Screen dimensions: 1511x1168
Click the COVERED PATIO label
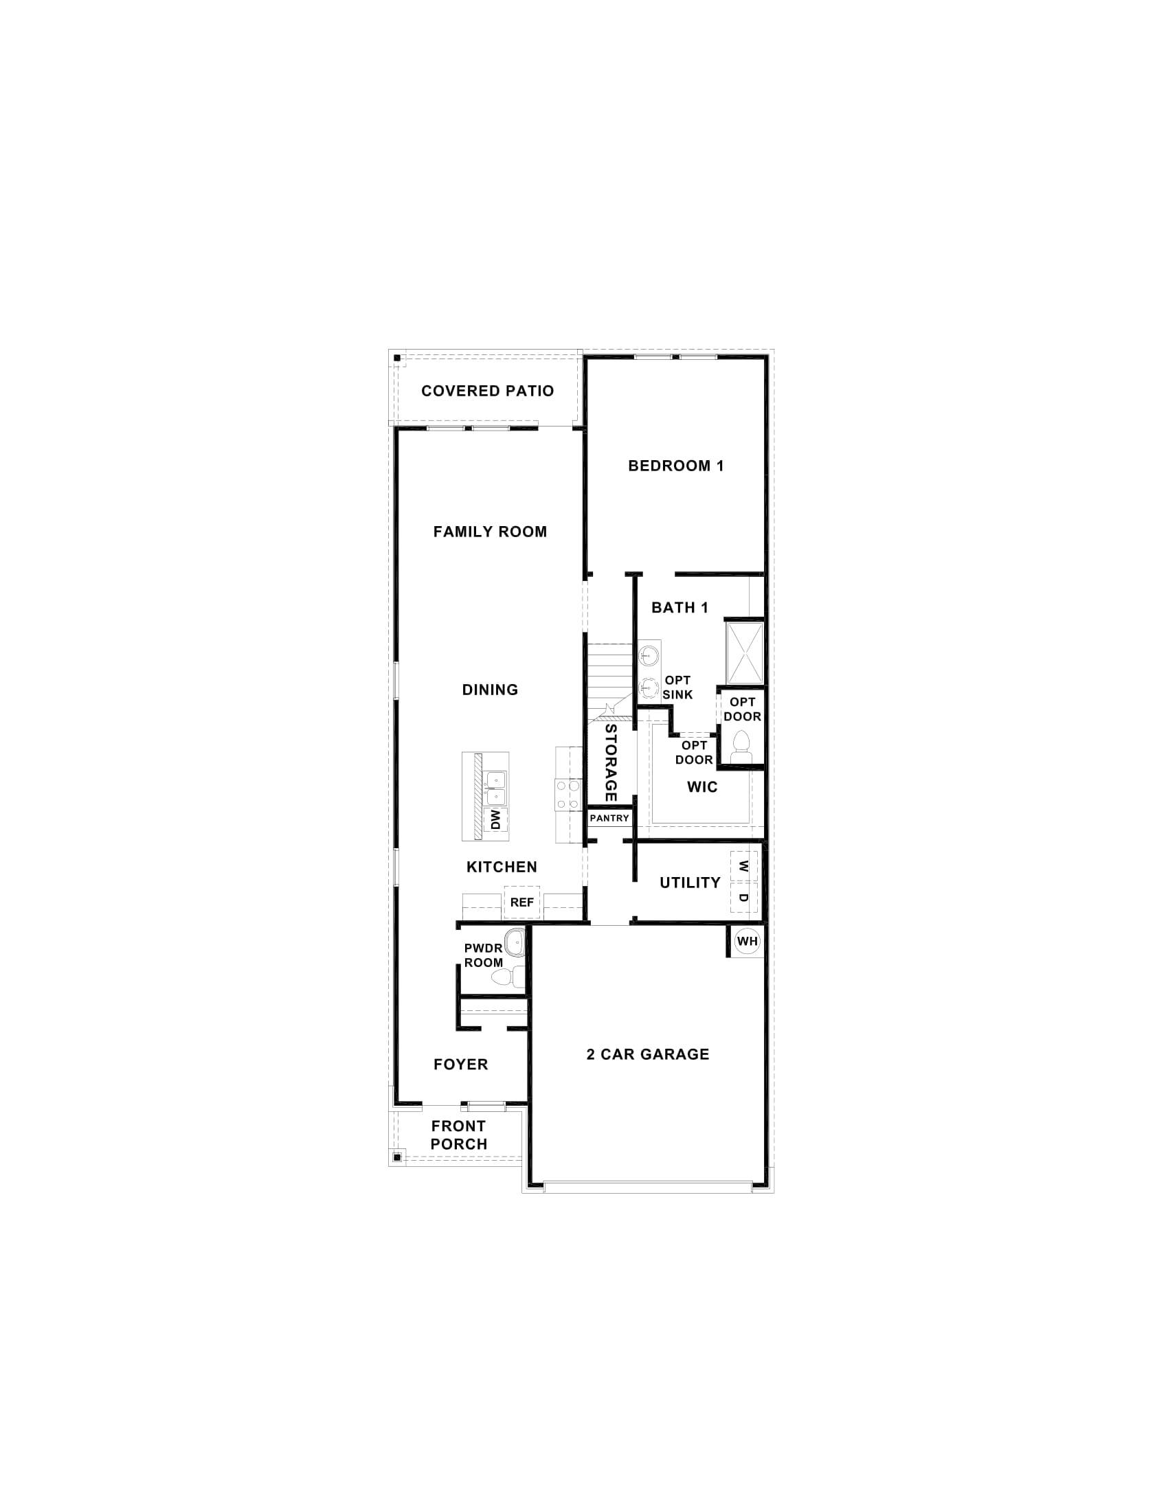[487, 391]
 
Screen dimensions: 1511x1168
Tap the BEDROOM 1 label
[675, 466]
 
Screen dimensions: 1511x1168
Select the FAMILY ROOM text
[490, 532]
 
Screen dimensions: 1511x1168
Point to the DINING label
[490, 689]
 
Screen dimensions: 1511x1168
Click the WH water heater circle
[748, 941]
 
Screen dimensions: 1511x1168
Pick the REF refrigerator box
[521, 902]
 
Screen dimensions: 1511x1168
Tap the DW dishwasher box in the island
[495, 821]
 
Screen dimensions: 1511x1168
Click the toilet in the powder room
[501, 977]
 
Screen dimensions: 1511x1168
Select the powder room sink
[514, 943]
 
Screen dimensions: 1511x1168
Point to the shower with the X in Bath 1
[744, 652]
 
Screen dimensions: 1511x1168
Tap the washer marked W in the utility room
[744, 865]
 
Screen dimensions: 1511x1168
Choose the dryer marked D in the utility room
[744, 898]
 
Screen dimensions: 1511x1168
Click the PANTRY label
[609, 818]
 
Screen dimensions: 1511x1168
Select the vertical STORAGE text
[610, 762]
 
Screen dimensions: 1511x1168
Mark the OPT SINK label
[677, 687]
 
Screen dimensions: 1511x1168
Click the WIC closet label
[701, 786]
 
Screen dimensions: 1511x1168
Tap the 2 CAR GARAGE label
[648, 1054]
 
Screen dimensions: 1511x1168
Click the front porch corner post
[397, 1156]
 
